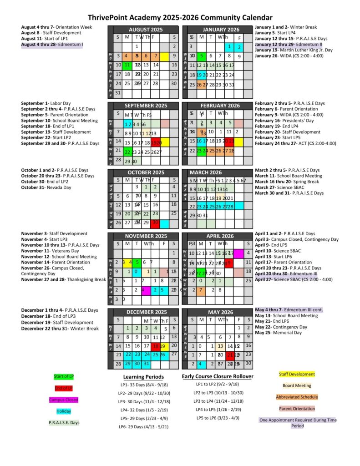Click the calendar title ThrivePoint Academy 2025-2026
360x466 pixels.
(180, 17)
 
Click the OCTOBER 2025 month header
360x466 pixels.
(145, 173)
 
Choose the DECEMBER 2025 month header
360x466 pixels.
(145, 313)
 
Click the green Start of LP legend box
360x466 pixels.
(63, 376)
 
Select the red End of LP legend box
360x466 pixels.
(63, 388)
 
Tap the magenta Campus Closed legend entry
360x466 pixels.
(63, 400)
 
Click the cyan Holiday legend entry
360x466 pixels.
(63, 411)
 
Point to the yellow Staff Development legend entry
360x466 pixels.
(297, 374)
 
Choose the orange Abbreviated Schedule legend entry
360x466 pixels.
(297, 397)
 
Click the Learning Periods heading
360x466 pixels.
(143, 377)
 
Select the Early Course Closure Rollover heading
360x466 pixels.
(217, 376)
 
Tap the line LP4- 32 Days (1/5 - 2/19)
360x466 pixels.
(144, 409)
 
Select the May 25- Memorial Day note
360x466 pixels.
(278, 333)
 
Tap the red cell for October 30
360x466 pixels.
(155, 223)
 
